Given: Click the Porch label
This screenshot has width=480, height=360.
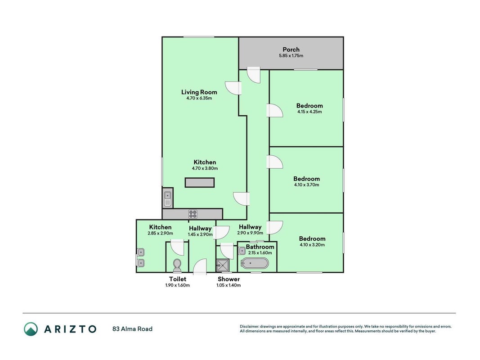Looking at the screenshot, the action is click(x=291, y=49).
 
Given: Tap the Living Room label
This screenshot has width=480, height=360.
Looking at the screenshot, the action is click(x=199, y=92).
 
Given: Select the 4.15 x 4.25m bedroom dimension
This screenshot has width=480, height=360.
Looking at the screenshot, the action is click(x=310, y=112).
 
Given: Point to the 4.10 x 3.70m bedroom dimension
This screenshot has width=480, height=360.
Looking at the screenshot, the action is click(x=306, y=185).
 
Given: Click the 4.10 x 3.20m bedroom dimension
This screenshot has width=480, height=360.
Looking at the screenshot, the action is click(x=312, y=245).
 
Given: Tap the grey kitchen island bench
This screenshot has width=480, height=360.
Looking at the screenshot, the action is click(x=200, y=182).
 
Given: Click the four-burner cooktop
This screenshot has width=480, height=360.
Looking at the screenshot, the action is click(x=193, y=214).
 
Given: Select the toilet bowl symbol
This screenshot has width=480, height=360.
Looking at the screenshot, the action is click(x=177, y=265).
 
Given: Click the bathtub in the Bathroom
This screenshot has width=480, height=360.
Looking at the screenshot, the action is click(x=255, y=263).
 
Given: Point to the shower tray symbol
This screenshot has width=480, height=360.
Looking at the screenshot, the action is click(x=223, y=265).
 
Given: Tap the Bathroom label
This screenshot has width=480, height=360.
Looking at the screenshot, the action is click(x=260, y=247).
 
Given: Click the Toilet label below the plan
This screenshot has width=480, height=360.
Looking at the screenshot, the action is click(x=178, y=279).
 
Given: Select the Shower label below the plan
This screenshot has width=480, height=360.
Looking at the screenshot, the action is click(x=229, y=279).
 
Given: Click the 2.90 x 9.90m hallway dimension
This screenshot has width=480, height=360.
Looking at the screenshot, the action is click(x=250, y=233).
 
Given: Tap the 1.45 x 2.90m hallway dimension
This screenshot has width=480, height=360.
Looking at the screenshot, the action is click(x=200, y=234).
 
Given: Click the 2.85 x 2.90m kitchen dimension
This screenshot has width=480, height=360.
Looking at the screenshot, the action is click(x=160, y=233).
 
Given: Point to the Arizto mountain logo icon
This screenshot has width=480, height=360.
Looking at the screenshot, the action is click(x=31, y=329).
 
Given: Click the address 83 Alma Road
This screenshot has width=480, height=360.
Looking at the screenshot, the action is click(x=132, y=329).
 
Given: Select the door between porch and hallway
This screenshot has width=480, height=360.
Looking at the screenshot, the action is click(x=253, y=75).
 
